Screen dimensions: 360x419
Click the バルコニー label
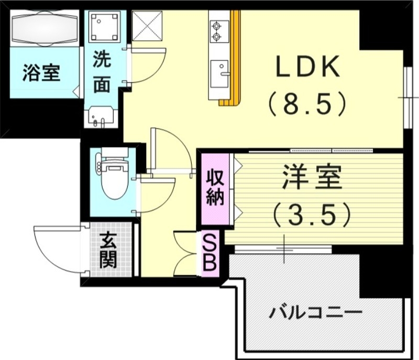click(x=316, y=313)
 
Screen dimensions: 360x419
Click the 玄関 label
click(x=108, y=250)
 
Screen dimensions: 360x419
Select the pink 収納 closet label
click(x=215, y=187)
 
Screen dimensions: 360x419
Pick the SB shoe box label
click(x=209, y=253)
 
